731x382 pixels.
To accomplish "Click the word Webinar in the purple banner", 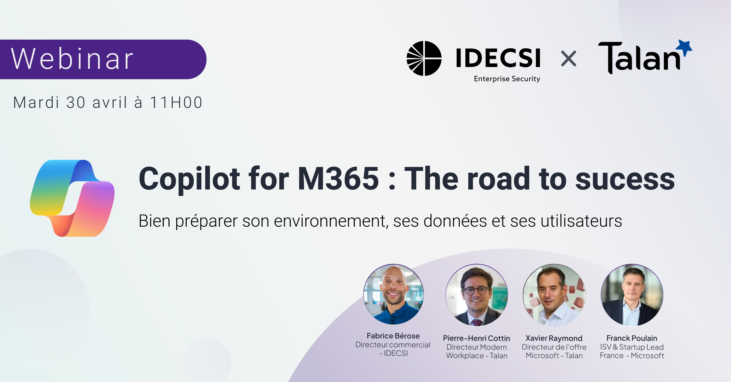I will coord(72,59).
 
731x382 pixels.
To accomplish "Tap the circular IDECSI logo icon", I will coord(424,58).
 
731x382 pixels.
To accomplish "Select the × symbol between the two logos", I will coord(568,58).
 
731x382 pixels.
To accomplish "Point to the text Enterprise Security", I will coord(507,79).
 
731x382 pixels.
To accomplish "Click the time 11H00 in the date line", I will coord(176,102).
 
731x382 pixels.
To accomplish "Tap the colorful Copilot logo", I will coord(72,198).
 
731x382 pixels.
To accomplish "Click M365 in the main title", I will coord(338,179).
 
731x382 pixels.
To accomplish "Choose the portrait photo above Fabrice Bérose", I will coord(394,294).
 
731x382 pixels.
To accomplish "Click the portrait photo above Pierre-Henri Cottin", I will coord(477,295).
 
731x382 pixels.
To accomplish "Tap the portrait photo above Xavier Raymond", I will coord(554,295).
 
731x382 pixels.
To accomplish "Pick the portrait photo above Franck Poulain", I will coord(632,295).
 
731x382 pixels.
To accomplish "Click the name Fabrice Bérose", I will coord(393,336).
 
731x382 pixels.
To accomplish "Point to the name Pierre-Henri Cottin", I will coord(476,338).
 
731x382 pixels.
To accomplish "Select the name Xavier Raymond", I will coord(554,338).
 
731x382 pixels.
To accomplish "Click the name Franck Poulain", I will coord(632,338).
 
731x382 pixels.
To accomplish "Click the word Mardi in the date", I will coord(36,102).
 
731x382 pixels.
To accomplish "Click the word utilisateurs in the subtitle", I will coord(581,221).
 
